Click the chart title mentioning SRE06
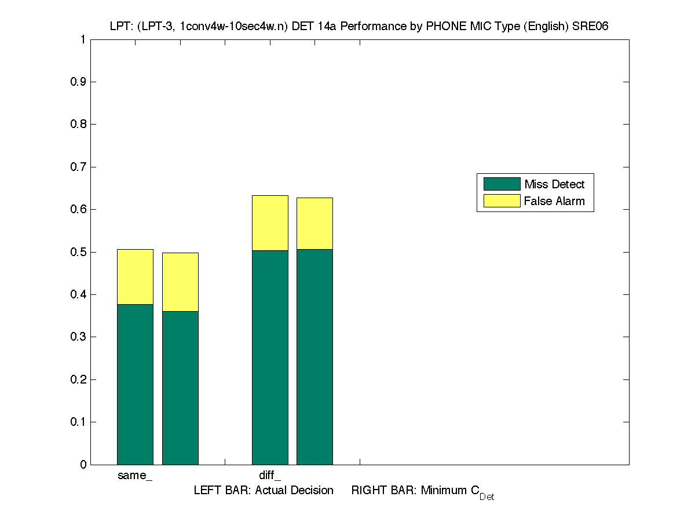click(x=359, y=26)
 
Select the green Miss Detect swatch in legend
click(x=502, y=184)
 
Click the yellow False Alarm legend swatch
click(x=502, y=201)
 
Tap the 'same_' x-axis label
click(x=135, y=476)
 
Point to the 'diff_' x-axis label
click(x=270, y=476)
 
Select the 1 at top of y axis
click(x=83, y=39)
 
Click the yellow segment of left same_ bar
click(x=135, y=276)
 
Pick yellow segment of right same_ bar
click(x=180, y=282)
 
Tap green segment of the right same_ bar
click(x=180, y=388)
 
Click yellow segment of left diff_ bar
click(x=270, y=222)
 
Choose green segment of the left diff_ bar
click(x=270, y=357)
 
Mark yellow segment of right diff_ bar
click(x=314, y=223)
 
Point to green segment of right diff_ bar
click(x=314, y=357)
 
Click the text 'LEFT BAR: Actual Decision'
click(x=264, y=491)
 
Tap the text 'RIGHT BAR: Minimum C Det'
click(x=422, y=491)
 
